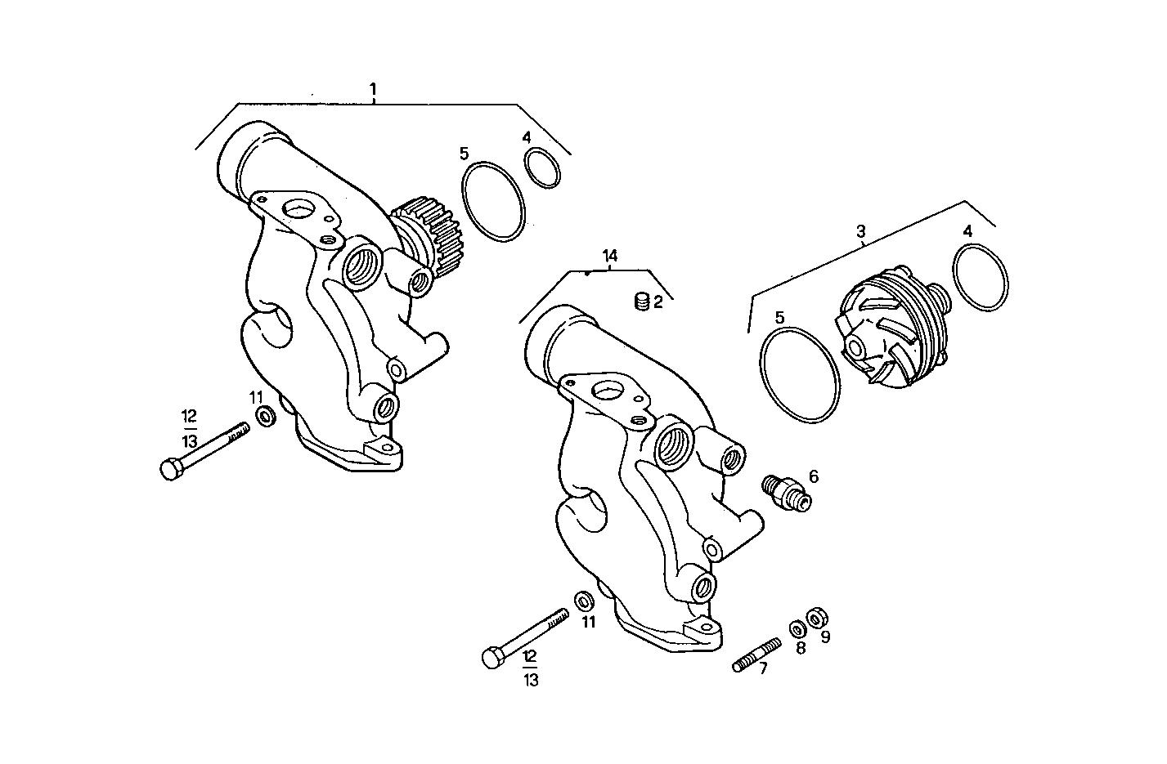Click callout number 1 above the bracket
(x=373, y=88)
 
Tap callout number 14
(x=609, y=256)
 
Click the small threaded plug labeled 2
(x=642, y=302)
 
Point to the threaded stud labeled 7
(x=753, y=659)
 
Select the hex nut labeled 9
(x=815, y=617)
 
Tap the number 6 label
(x=813, y=476)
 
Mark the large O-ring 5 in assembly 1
(x=492, y=202)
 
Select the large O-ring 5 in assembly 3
(x=799, y=375)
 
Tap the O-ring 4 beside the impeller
(x=980, y=277)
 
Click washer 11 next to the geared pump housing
(x=266, y=418)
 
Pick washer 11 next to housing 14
(x=585, y=601)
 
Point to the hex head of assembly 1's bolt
(x=171, y=470)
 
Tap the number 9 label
(x=825, y=637)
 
